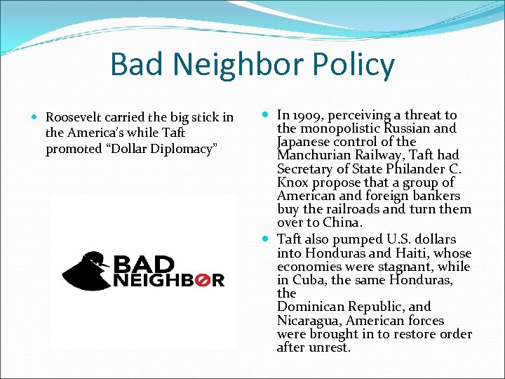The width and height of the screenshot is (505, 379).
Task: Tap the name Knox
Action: pos(292,182)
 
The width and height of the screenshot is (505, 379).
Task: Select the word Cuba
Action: pos(307,279)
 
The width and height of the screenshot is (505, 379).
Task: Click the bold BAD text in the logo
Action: pos(144,263)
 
